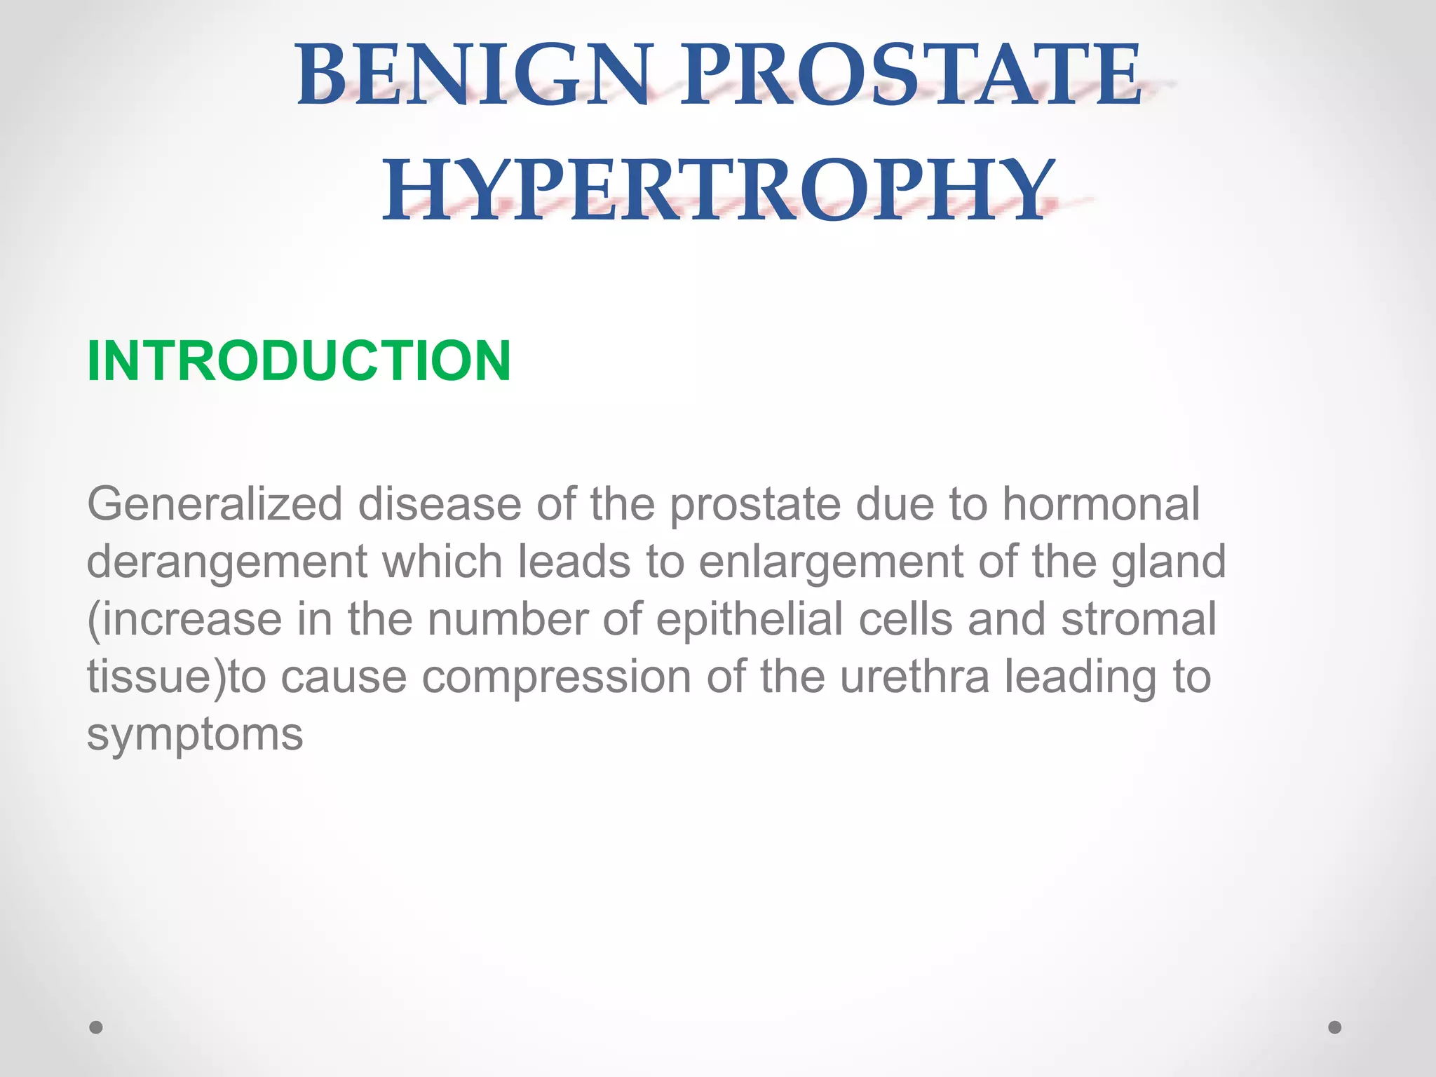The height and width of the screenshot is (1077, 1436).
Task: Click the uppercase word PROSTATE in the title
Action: (912, 76)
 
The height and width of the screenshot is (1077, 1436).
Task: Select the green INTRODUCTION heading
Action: (299, 361)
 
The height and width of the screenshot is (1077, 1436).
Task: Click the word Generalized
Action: (215, 505)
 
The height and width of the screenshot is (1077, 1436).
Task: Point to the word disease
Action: (440, 505)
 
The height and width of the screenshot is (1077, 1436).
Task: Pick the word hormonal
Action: (1101, 505)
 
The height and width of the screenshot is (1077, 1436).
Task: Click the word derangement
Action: (226, 563)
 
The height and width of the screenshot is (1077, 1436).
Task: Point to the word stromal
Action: (1139, 621)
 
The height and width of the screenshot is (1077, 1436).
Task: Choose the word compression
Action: (557, 678)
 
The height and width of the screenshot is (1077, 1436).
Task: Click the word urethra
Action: (914, 678)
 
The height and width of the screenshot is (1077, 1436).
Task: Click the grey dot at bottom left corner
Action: (96, 1027)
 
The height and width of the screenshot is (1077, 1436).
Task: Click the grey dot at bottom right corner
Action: (1335, 1027)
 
